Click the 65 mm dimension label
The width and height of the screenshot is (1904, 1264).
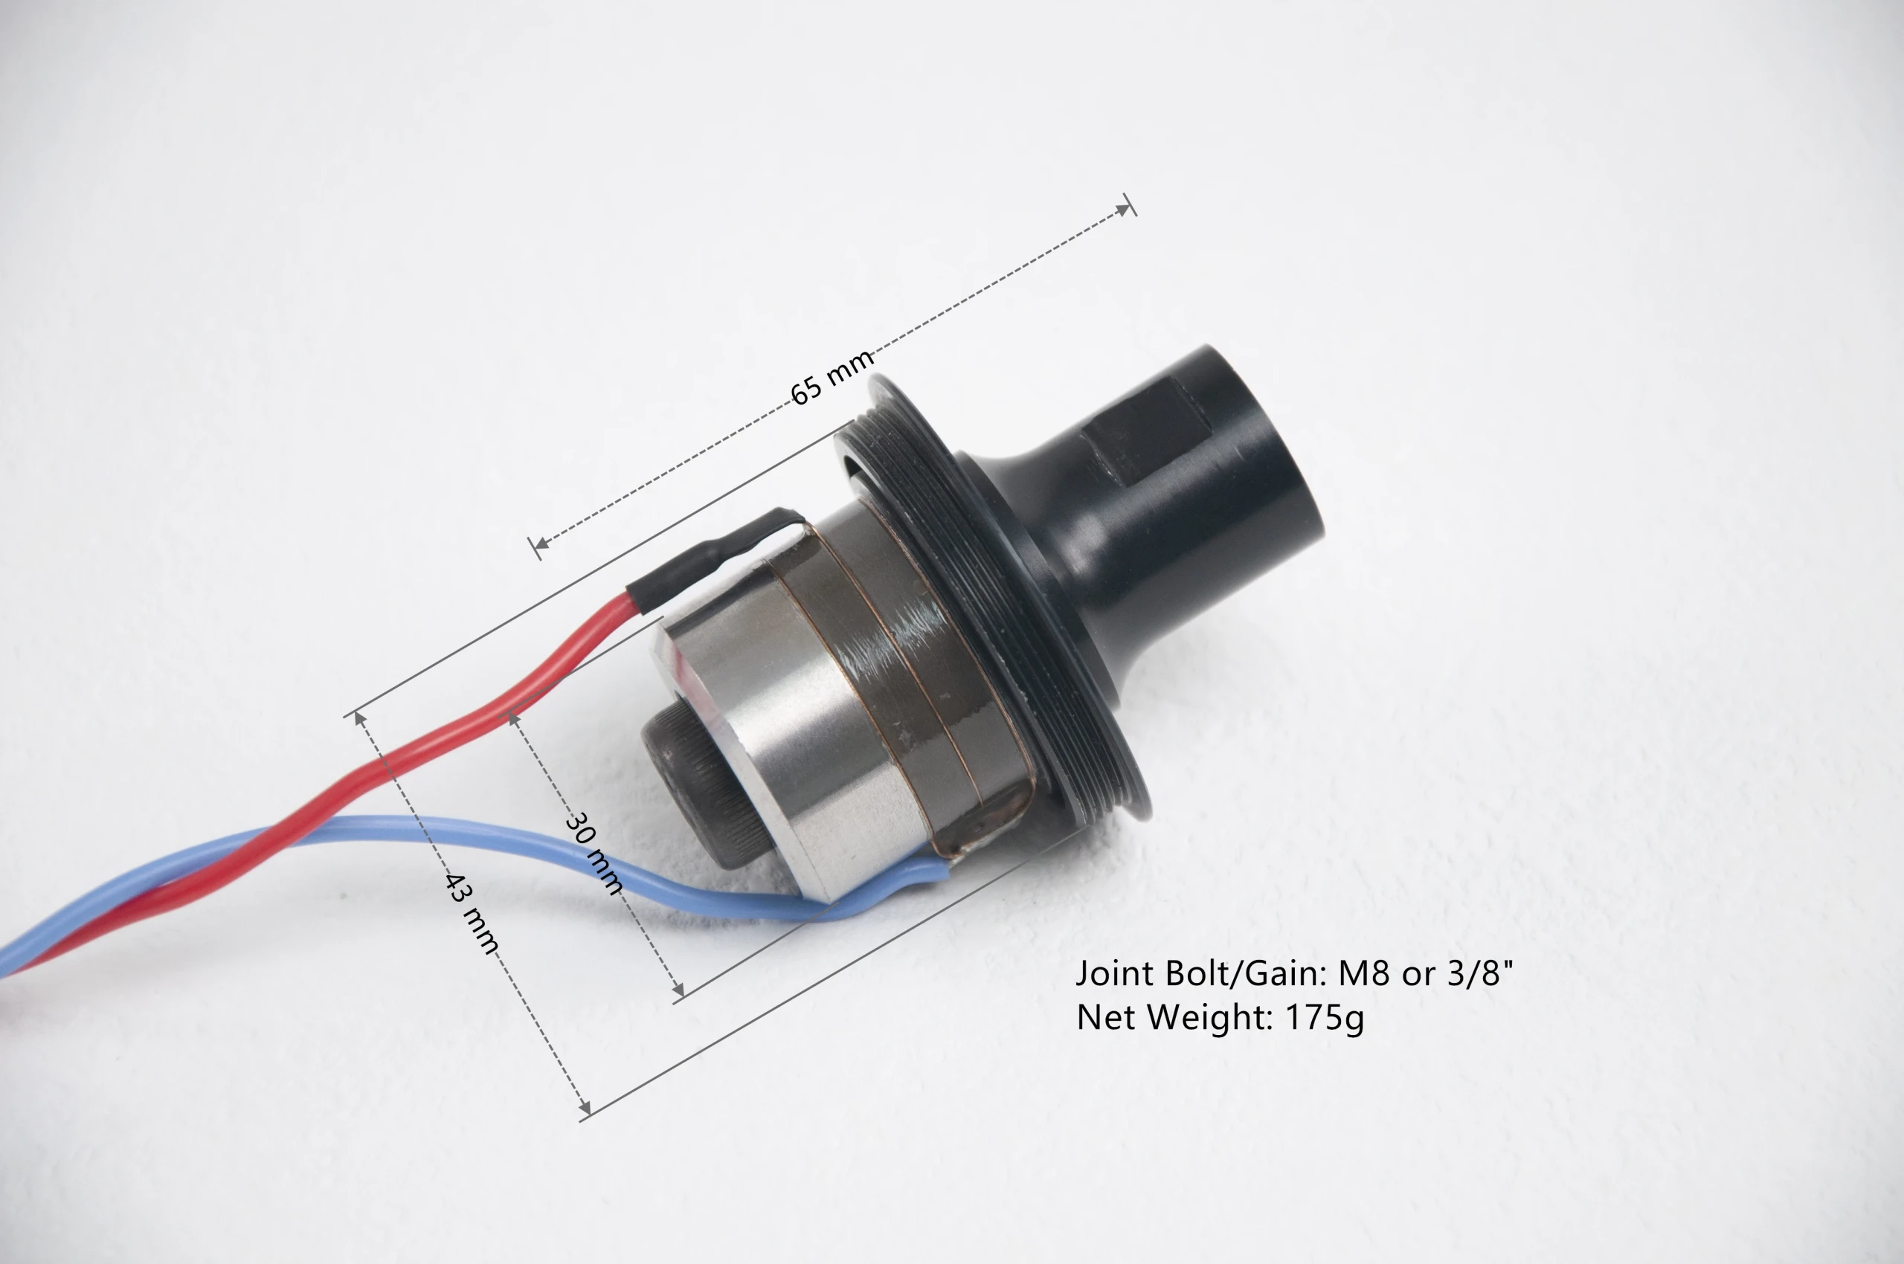point(832,377)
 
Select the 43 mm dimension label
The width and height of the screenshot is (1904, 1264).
point(472,912)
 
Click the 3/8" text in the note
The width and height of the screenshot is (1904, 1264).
point(1481,973)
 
